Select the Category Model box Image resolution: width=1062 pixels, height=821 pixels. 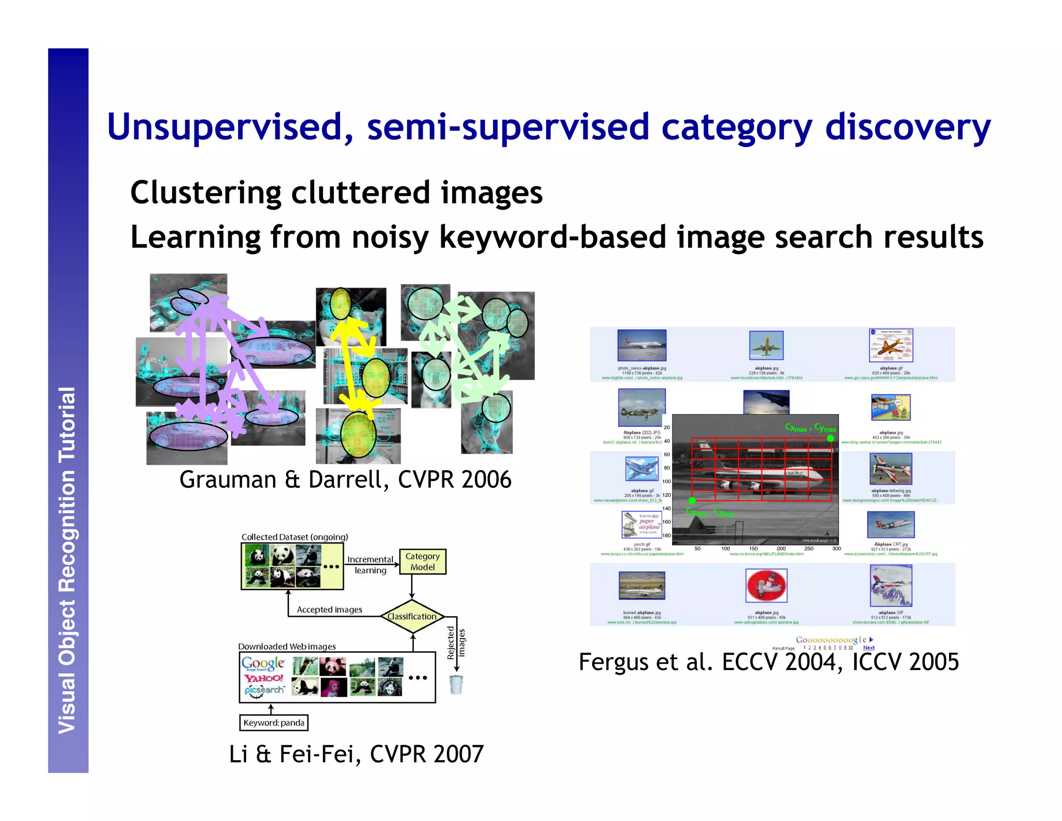pyautogui.click(x=423, y=562)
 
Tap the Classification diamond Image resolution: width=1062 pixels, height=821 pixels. pyautogui.click(x=412, y=617)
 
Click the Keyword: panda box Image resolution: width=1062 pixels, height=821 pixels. pyautogui.click(x=274, y=723)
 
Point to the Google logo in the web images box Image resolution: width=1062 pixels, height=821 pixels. pyautogui.click(x=263, y=663)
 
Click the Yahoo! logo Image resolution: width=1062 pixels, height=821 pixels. pyautogui.click(x=263, y=678)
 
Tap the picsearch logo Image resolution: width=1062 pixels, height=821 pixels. pyautogui.click(x=264, y=691)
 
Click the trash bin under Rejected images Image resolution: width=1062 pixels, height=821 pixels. pyautogui.click(x=456, y=685)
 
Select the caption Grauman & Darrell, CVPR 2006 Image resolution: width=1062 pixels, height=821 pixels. pyautogui.click(x=345, y=480)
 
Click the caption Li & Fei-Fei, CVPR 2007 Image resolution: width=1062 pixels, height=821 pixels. pyautogui.click(x=356, y=754)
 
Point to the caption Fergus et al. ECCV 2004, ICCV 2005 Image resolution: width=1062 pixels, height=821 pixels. pyautogui.click(x=768, y=662)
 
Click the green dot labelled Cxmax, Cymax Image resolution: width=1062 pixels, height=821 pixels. pyautogui.click(x=830, y=439)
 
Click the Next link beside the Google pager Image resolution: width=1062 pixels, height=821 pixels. pyautogui.click(x=869, y=648)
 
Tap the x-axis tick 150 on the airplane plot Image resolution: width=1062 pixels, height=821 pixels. pyautogui.click(x=753, y=549)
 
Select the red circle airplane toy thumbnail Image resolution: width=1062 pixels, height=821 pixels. pyautogui.click(x=766, y=585)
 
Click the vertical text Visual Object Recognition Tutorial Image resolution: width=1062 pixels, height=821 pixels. pyautogui.click(x=67, y=560)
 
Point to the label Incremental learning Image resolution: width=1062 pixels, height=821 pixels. pyautogui.click(x=370, y=565)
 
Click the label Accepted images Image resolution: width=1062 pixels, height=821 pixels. pyautogui.click(x=329, y=610)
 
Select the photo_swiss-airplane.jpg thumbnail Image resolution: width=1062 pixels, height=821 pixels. pyautogui.click(x=641, y=345)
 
